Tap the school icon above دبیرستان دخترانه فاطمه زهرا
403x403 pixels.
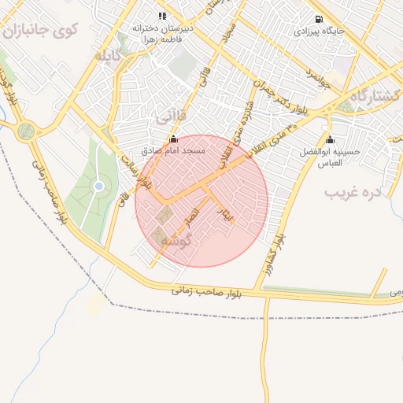pos(161,15)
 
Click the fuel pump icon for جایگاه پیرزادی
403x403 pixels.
pos(318,20)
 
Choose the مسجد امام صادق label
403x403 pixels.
pos(173,150)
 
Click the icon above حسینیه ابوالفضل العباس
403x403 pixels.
pos(329,139)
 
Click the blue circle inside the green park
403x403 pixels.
pos(98,186)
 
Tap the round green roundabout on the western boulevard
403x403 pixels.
pos(27,131)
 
